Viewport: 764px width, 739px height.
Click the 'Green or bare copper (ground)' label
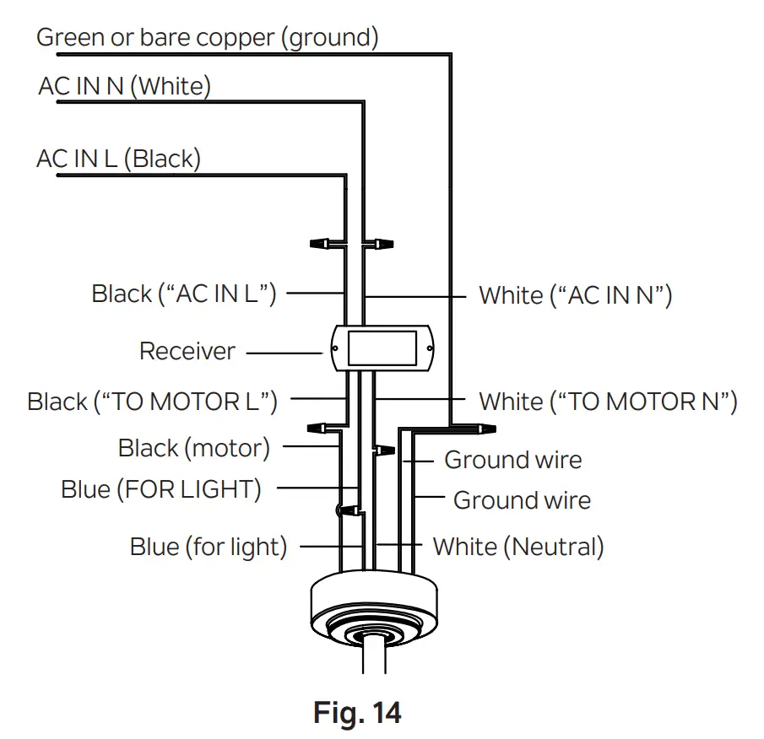point(208,37)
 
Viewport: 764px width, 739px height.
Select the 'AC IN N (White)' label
point(124,86)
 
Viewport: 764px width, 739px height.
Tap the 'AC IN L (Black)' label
point(118,159)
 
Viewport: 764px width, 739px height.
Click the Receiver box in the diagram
point(382,348)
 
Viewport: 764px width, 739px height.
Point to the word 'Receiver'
point(187,351)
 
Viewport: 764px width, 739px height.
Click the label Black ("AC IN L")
point(184,294)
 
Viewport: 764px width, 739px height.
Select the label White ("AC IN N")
point(575,295)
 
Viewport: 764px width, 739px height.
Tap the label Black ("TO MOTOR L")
point(152,402)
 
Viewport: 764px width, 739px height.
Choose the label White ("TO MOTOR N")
point(608,402)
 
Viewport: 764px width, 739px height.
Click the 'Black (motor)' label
point(194,448)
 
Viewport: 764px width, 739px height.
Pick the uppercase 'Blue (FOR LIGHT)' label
point(161,488)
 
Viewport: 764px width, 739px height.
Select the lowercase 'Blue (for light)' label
point(209,547)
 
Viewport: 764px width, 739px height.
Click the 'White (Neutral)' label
point(518,547)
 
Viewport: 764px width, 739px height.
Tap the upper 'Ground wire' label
point(512,460)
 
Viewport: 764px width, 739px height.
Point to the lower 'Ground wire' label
point(522,500)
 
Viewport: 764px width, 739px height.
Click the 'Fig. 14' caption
point(357,713)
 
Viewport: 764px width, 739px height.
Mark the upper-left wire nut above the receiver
point(321,244)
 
